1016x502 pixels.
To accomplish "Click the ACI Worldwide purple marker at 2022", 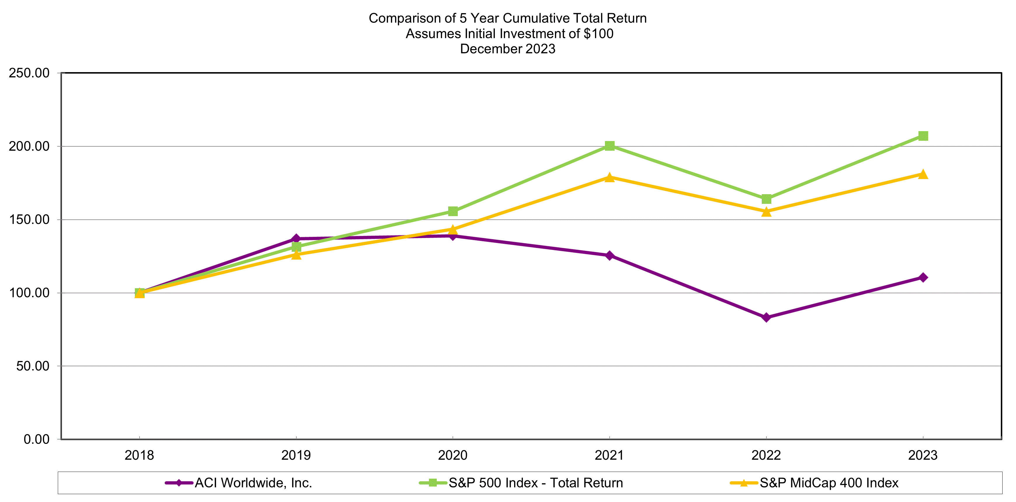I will pyautogui.click(x=766, y=317).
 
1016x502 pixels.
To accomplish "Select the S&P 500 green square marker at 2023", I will pyautogui.click(x=923, y=136).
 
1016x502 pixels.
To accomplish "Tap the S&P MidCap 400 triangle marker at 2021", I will pyautogui.click(x=609, y=178).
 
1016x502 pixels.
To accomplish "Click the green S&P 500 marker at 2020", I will pyautogui.click(x=453, y=211).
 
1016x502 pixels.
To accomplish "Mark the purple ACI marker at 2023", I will pyautogui.click(x=923, y=277).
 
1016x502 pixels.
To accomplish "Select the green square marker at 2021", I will pyautogui.click(x=609, y=146).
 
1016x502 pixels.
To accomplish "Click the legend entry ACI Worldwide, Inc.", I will pyautogui.click(x=253, y=483).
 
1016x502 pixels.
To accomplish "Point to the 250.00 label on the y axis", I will pyautogui.click(x=29, y=73).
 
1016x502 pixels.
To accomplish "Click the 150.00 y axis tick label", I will pyautogui.click(x=29, y=219).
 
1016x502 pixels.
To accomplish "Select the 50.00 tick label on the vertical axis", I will pyautogui.click(x=33, y=366).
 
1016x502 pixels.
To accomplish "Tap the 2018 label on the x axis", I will pyautogui.click(x=139, y=456).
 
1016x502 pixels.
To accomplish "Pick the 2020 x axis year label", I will pyautogui.click(x=453, y=456).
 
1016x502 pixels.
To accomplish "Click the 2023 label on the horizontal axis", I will pyautogui.click(x=923, y=456).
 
